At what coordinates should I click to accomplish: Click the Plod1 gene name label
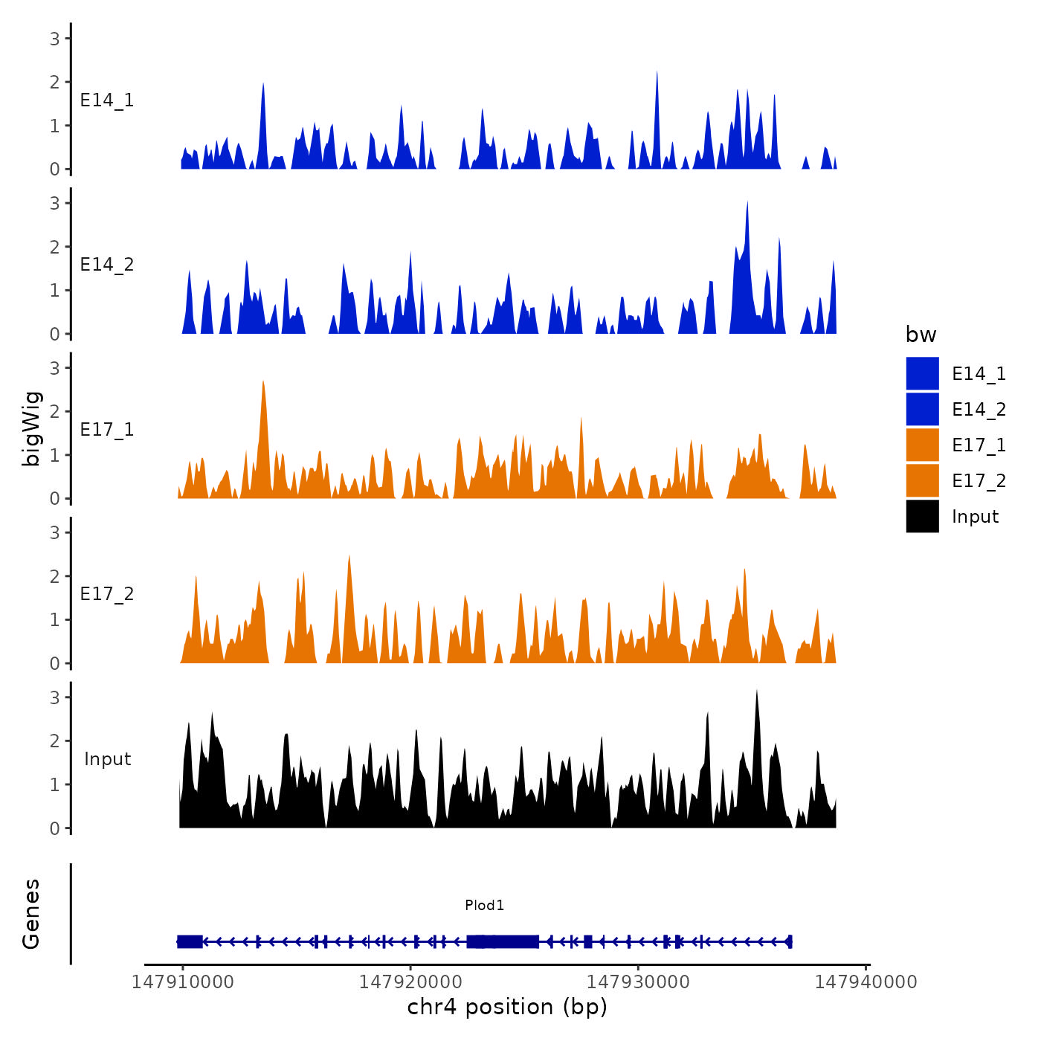[484, 905]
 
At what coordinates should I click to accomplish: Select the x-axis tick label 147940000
[866, 982]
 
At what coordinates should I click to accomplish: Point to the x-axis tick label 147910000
[182, 982]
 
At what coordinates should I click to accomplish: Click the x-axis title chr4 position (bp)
[507, 1007]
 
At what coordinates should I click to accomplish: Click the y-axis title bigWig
[32, 429]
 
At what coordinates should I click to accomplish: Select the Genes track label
[31, 914]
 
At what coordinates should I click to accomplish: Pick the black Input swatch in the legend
[922, 516]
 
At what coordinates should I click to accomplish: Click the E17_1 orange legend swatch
[922, 445]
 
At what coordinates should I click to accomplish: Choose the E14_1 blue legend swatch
[922, 373]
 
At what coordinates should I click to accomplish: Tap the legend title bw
[921, 335]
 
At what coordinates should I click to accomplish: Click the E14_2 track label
[107, 265]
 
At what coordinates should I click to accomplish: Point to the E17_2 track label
[107, 594]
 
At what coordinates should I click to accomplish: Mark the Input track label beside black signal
[107, 759]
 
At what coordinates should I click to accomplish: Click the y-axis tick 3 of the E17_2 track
[55, 532]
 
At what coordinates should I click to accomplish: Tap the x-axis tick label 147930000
[638, 982]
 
